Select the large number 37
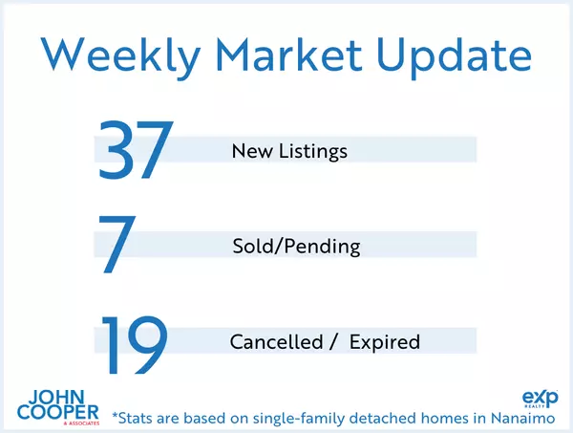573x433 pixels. click(135, 150)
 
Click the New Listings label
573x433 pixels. click(289, 151)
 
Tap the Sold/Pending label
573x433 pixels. click(296, 247)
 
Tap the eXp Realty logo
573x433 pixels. click(534, 399)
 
